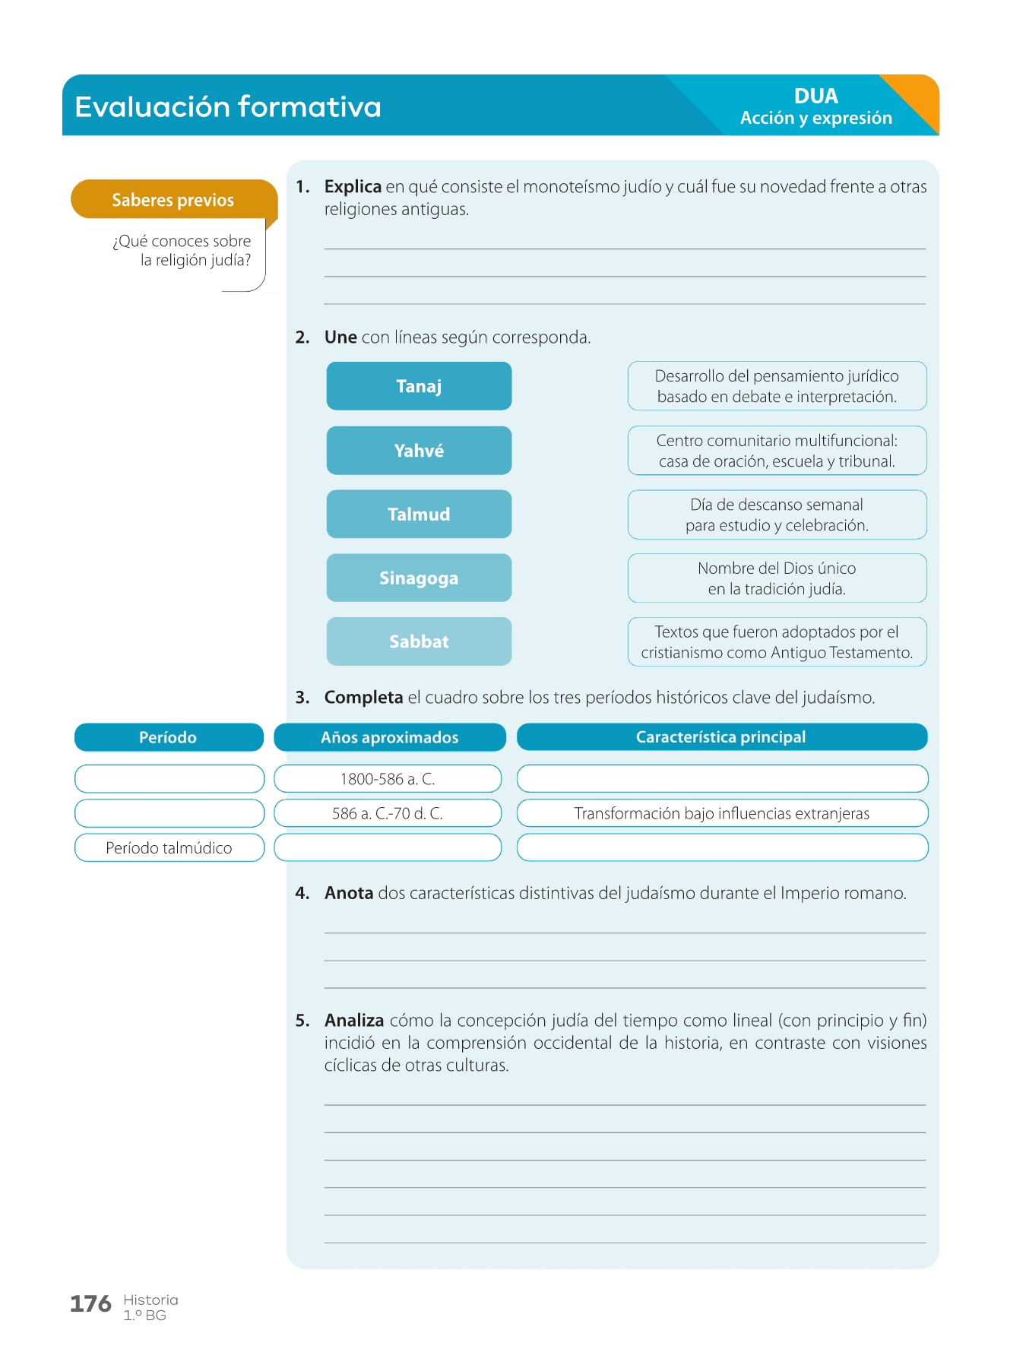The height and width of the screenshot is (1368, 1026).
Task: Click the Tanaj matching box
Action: (419, 386)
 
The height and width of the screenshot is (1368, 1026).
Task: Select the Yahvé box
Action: (419, 451)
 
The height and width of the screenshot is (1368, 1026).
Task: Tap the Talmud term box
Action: (419, 515)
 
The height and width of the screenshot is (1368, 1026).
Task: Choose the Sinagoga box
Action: (419, 578)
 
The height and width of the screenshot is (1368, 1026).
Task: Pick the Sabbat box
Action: (419, 641)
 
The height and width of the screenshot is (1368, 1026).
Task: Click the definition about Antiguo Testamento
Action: (777, 642)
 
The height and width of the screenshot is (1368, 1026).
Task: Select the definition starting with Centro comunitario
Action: (777, 451)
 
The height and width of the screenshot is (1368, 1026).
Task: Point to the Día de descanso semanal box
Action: (777, 515)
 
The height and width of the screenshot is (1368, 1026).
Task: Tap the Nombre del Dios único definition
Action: (777, 578)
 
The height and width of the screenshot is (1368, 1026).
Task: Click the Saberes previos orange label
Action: (173, 200)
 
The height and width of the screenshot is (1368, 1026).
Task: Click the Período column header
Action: (168, 737)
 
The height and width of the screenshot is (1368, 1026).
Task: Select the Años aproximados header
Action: (389, 737)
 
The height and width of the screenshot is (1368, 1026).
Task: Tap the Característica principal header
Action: (721, 737)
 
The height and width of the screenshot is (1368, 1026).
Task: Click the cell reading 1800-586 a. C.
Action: (388, 779)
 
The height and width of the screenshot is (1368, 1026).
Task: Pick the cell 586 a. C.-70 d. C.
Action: (388, 813)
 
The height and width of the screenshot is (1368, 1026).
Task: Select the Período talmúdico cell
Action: (169, 848)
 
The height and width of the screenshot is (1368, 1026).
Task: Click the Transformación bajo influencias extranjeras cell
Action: (722, 813)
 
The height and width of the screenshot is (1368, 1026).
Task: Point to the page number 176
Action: (90, 1304)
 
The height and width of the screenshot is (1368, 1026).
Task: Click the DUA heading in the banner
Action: (816, 96)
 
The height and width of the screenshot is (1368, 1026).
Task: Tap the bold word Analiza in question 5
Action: (354, 1021)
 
